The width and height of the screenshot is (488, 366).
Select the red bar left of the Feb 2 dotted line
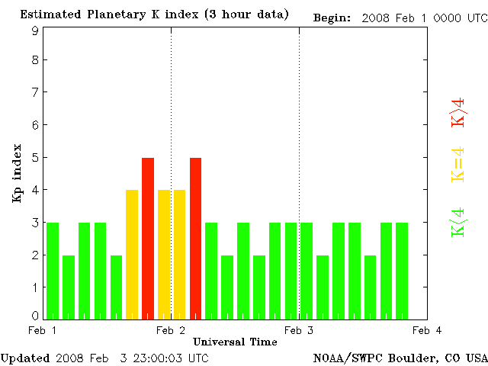pyautogui.click(x=148, y=238)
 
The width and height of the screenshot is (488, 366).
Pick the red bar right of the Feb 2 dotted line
pyautogui.click(x=196, y=238)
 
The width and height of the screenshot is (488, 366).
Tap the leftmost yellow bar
pyautogui.click(x=132, y=254)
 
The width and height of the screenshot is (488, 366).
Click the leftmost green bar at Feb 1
pyautogui.click(x=53, y=271)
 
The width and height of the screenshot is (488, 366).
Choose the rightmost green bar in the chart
pyautogui.click(x=402, y=271)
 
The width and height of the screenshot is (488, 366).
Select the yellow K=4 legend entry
pyautogui.click(x=457, y=165)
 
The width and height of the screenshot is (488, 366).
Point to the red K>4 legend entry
pyautogui.click(x=457, y=111)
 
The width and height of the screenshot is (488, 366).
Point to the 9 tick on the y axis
pyautogui.click(x=35, y=30)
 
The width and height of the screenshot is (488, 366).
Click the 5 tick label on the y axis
pyautogui.click(x=35, y=158)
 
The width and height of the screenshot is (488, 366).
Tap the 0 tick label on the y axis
pyautogui.click(x=35, y=316)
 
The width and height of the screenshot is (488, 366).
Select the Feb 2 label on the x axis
pyautogui.click(x=171, y=330)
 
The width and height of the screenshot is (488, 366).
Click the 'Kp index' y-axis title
pyautogui.click(x=16, y=173)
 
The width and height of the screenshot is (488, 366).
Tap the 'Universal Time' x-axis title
pyautogui.click(x=235, y=342)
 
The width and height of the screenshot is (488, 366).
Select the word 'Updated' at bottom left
pyautogui.click(x=24, y=358)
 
